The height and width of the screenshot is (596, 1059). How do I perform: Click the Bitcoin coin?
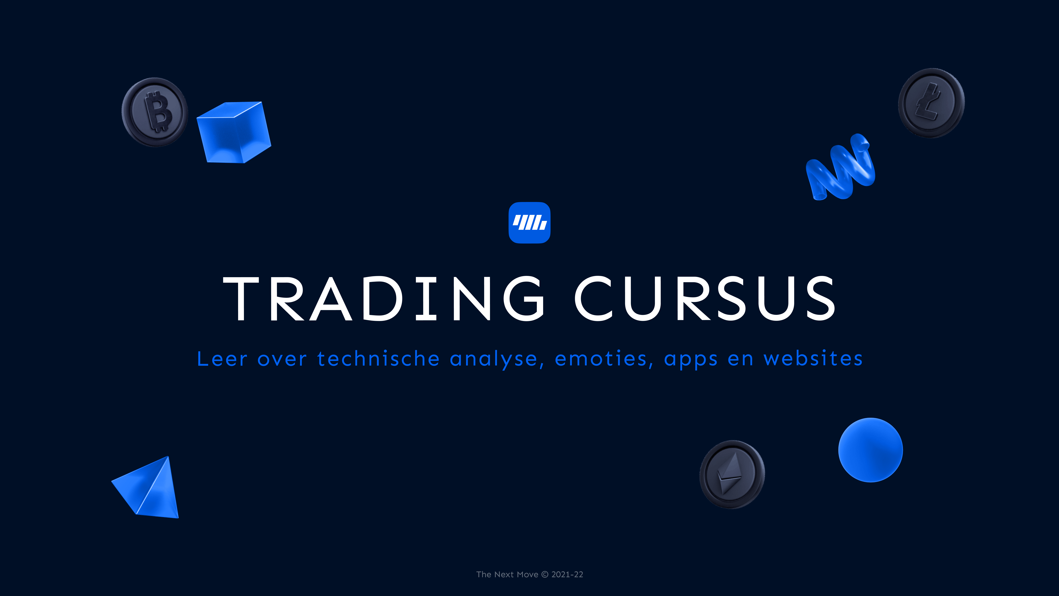155,112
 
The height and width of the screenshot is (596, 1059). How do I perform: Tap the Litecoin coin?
931,103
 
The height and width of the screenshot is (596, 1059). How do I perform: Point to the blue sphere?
870,450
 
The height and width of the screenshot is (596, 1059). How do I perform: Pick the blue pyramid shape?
149,489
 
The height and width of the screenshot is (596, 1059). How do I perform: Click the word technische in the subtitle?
378,359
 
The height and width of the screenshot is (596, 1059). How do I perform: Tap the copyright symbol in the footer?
545,575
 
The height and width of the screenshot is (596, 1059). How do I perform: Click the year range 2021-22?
567,575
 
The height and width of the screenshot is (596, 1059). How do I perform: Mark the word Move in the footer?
527,575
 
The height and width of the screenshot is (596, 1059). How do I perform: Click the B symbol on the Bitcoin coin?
157,111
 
